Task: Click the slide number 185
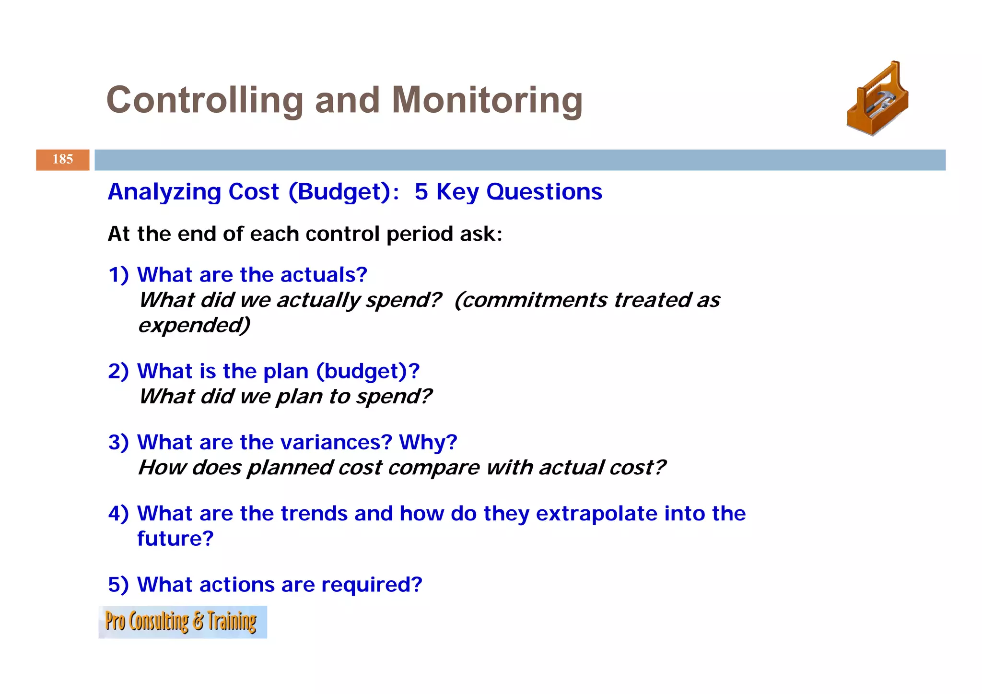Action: pos(62,159)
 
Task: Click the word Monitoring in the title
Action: pos(487,100)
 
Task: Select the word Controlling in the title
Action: pos(205,100)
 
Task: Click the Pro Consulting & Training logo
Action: pos(182,622)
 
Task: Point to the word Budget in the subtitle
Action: pos(339,192)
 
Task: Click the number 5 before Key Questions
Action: pos(421,192)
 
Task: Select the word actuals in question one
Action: pos(324,275)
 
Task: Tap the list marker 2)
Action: pos(118,371)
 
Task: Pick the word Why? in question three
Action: pos(428,442)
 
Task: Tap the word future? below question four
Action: pos(175,539)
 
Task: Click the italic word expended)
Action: pos(194,325)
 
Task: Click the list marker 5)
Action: pos(118,585)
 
